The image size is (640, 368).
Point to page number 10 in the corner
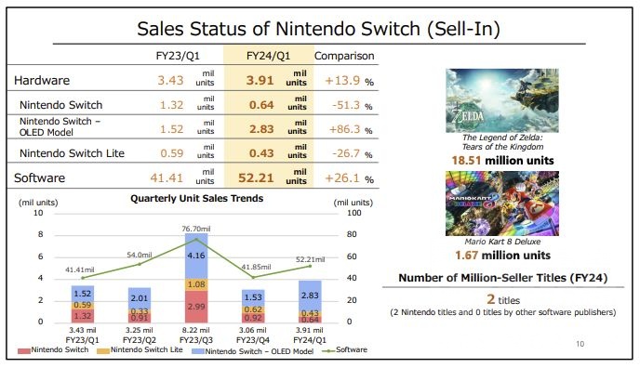[580, 344]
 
